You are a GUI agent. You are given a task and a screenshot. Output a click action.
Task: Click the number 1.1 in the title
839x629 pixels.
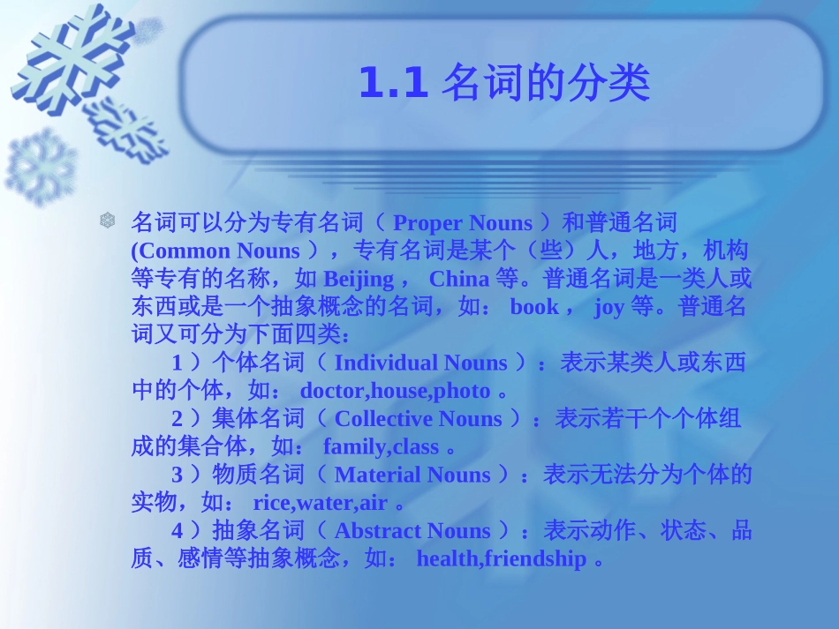pyautogui.click(x=393, y=84)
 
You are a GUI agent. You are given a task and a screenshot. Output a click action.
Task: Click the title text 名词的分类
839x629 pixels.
pyautogui.click(x=546, y=84)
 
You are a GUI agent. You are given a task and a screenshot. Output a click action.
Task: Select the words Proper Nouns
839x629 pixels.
pyautogui.click(x=463, y=223)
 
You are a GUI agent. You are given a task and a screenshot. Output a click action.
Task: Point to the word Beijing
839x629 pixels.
pyautogui.click(x=359, y=280)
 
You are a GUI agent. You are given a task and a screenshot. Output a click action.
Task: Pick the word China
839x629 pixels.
pyautogui.click(x=458, y=280)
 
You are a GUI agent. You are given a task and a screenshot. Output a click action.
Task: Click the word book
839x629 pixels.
pyautogui.click(x=534, y=307)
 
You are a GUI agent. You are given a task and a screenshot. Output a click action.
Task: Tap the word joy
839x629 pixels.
pyautogui.click(x=608, y=307)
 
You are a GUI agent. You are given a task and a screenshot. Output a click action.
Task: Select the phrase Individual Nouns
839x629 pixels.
pyautogui.click(x=420, y=363)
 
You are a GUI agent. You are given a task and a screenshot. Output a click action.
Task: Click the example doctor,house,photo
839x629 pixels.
pyautogui.click(x=395, y=391)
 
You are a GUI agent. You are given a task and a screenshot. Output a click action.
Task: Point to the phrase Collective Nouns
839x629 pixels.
pyautogui.click(x=418, y=419)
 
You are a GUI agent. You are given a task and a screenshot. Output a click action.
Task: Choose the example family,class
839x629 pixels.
pyautogui.click(x=381, y=447)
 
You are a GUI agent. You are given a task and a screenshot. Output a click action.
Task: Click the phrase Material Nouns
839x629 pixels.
pyautogui.click(x=412, y=475)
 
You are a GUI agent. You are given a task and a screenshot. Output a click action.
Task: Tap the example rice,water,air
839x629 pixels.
pyautogui.click(x=320, y=503)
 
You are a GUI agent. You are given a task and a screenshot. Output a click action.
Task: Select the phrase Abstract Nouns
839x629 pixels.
pyautogui.click(x=412, y=531)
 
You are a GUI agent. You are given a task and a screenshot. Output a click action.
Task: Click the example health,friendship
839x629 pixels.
pyautogui.click(x=501, y=559)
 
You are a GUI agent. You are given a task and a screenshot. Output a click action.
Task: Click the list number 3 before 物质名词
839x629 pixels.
pyautogui.click(x=177, y=475)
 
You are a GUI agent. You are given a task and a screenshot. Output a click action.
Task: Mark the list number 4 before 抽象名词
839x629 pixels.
pyautogui.click(x=177, y=531)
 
